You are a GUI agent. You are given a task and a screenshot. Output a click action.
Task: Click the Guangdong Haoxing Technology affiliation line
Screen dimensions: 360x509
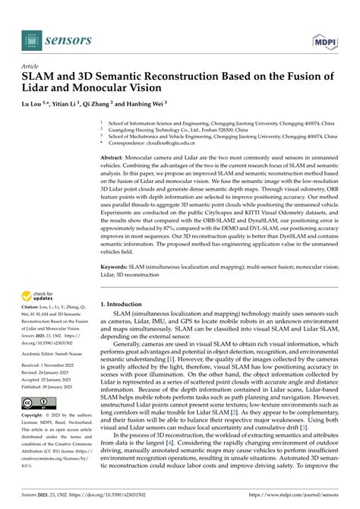click(182, 128)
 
